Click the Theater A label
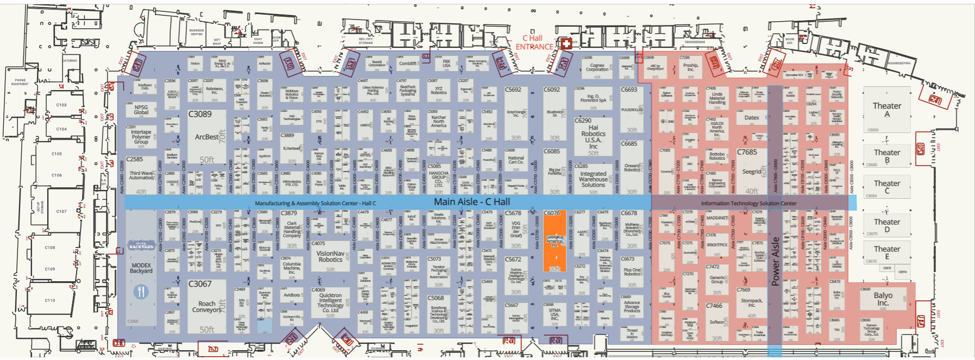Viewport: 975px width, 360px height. [x=886, y=110]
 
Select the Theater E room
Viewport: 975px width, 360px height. [x=886, y=252]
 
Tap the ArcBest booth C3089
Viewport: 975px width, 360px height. [x=207, y=137]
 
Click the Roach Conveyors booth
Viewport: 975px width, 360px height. [x=206, y=307]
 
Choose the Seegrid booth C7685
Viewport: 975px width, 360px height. [x=752, y=172]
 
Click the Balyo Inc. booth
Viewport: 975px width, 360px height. [x=883, y=299]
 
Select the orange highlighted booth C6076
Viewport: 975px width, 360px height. [x=555, y=241]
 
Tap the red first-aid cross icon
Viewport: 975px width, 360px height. [x=566, y=43]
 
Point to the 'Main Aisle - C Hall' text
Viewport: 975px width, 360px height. [x=471, y=202]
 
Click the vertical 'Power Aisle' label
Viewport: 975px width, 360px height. [x=775, y=261]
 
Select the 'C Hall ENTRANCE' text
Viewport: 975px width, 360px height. [x=534, y=42]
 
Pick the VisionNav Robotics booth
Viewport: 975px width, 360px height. [x=330, y=256]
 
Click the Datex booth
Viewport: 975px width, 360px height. [x=752, y=117]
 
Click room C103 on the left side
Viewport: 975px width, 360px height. [x=61, y=105]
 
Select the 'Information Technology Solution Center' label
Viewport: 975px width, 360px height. [x=748, y=204]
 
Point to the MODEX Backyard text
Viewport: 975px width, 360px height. [x=141, y=268]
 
